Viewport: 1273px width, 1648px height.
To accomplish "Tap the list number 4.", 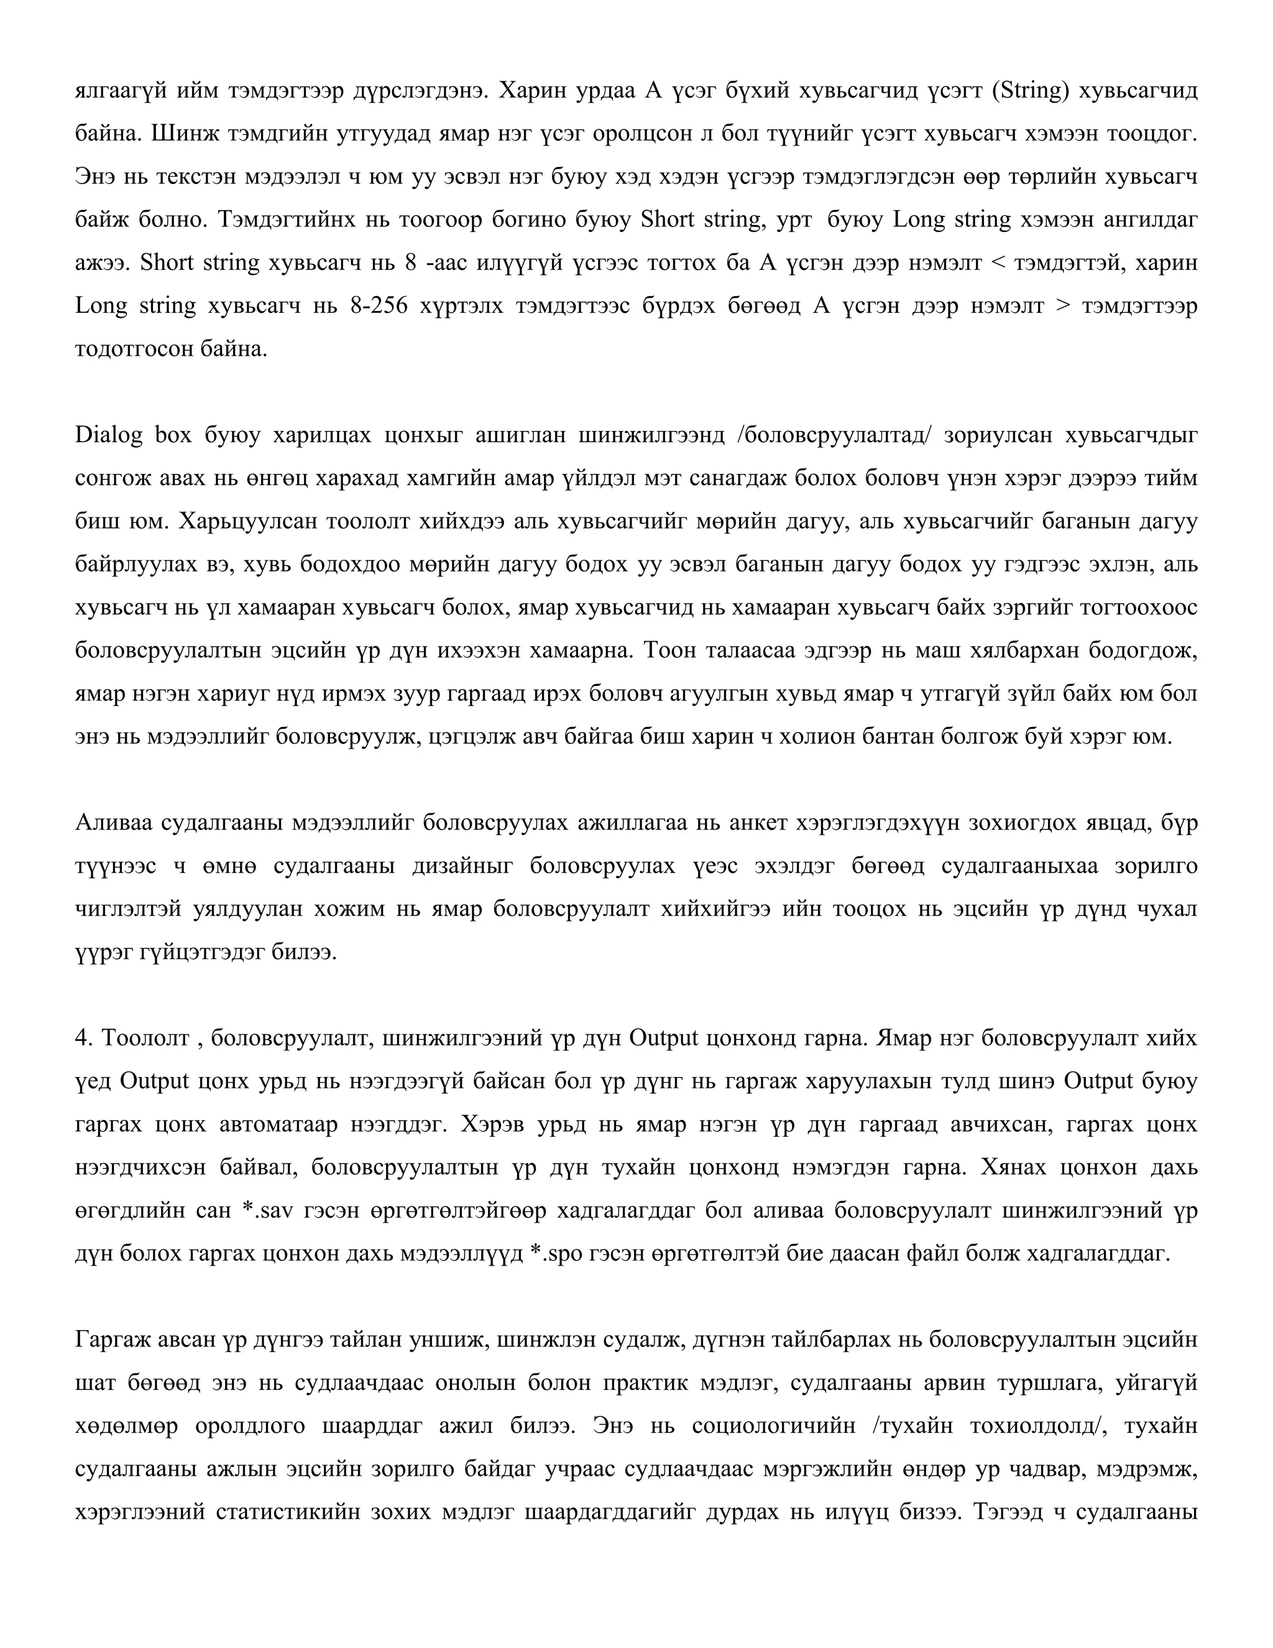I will tap(83, 1039).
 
